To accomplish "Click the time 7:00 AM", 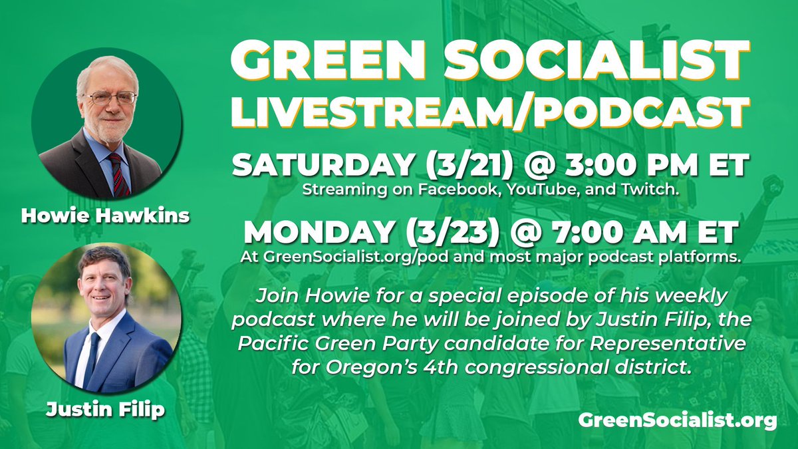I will tap(611, 233).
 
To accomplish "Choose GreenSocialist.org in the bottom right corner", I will tap(676, 420).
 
